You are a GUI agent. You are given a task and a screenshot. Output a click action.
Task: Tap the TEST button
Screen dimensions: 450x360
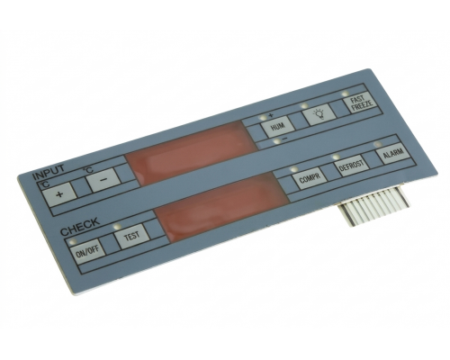[x=132, y=236]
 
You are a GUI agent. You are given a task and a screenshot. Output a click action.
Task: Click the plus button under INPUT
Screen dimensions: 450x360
[x=59, y=193]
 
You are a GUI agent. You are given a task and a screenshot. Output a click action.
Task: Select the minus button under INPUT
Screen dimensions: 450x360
[x=103, y=179]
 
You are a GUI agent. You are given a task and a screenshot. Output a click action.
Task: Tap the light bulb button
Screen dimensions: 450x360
[x=319, y=113]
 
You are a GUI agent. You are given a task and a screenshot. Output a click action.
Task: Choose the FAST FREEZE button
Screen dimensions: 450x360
[x=363, y=102]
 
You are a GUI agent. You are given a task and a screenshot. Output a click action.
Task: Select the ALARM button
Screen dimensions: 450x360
[x=393, y=153]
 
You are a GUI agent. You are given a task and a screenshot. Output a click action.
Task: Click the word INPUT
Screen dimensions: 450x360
[x=49, y=173]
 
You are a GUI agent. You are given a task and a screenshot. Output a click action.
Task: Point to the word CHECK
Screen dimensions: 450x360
[x=80, y=227]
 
